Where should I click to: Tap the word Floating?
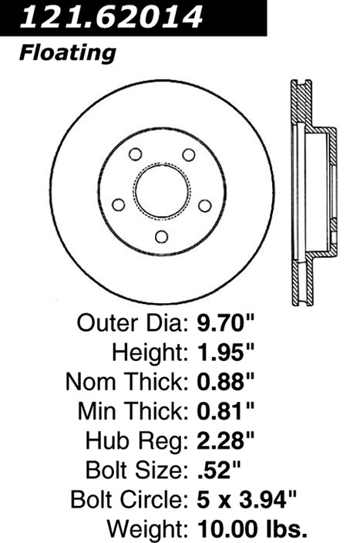click(x=68, y=54)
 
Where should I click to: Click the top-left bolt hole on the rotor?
click(x=135, y=154)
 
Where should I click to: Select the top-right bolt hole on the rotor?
click(x=189, y=154)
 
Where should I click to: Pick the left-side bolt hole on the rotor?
click(x=119, y=204)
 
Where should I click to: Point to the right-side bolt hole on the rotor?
click(x=205, y=205)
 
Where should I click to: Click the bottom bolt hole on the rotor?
click(x=162, y=237)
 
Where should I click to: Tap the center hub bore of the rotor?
click(x=162, y=191)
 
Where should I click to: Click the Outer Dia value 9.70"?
click(x=226, y=322)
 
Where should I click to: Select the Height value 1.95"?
click(x=226, y=352)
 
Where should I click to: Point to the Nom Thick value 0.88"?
click(x=226, y=382)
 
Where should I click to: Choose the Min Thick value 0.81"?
click(x=226, y=411)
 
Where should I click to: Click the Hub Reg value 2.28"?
click(x=226, y=440)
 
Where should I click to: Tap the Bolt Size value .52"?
click(x=219, y=470)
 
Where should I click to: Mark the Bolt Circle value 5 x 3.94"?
click(x=247, y=499)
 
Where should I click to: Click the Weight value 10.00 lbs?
click(x=252, y=529)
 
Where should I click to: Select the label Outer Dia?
click(x=133, y=322)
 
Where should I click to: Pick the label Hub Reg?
click(x=137, y=441)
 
